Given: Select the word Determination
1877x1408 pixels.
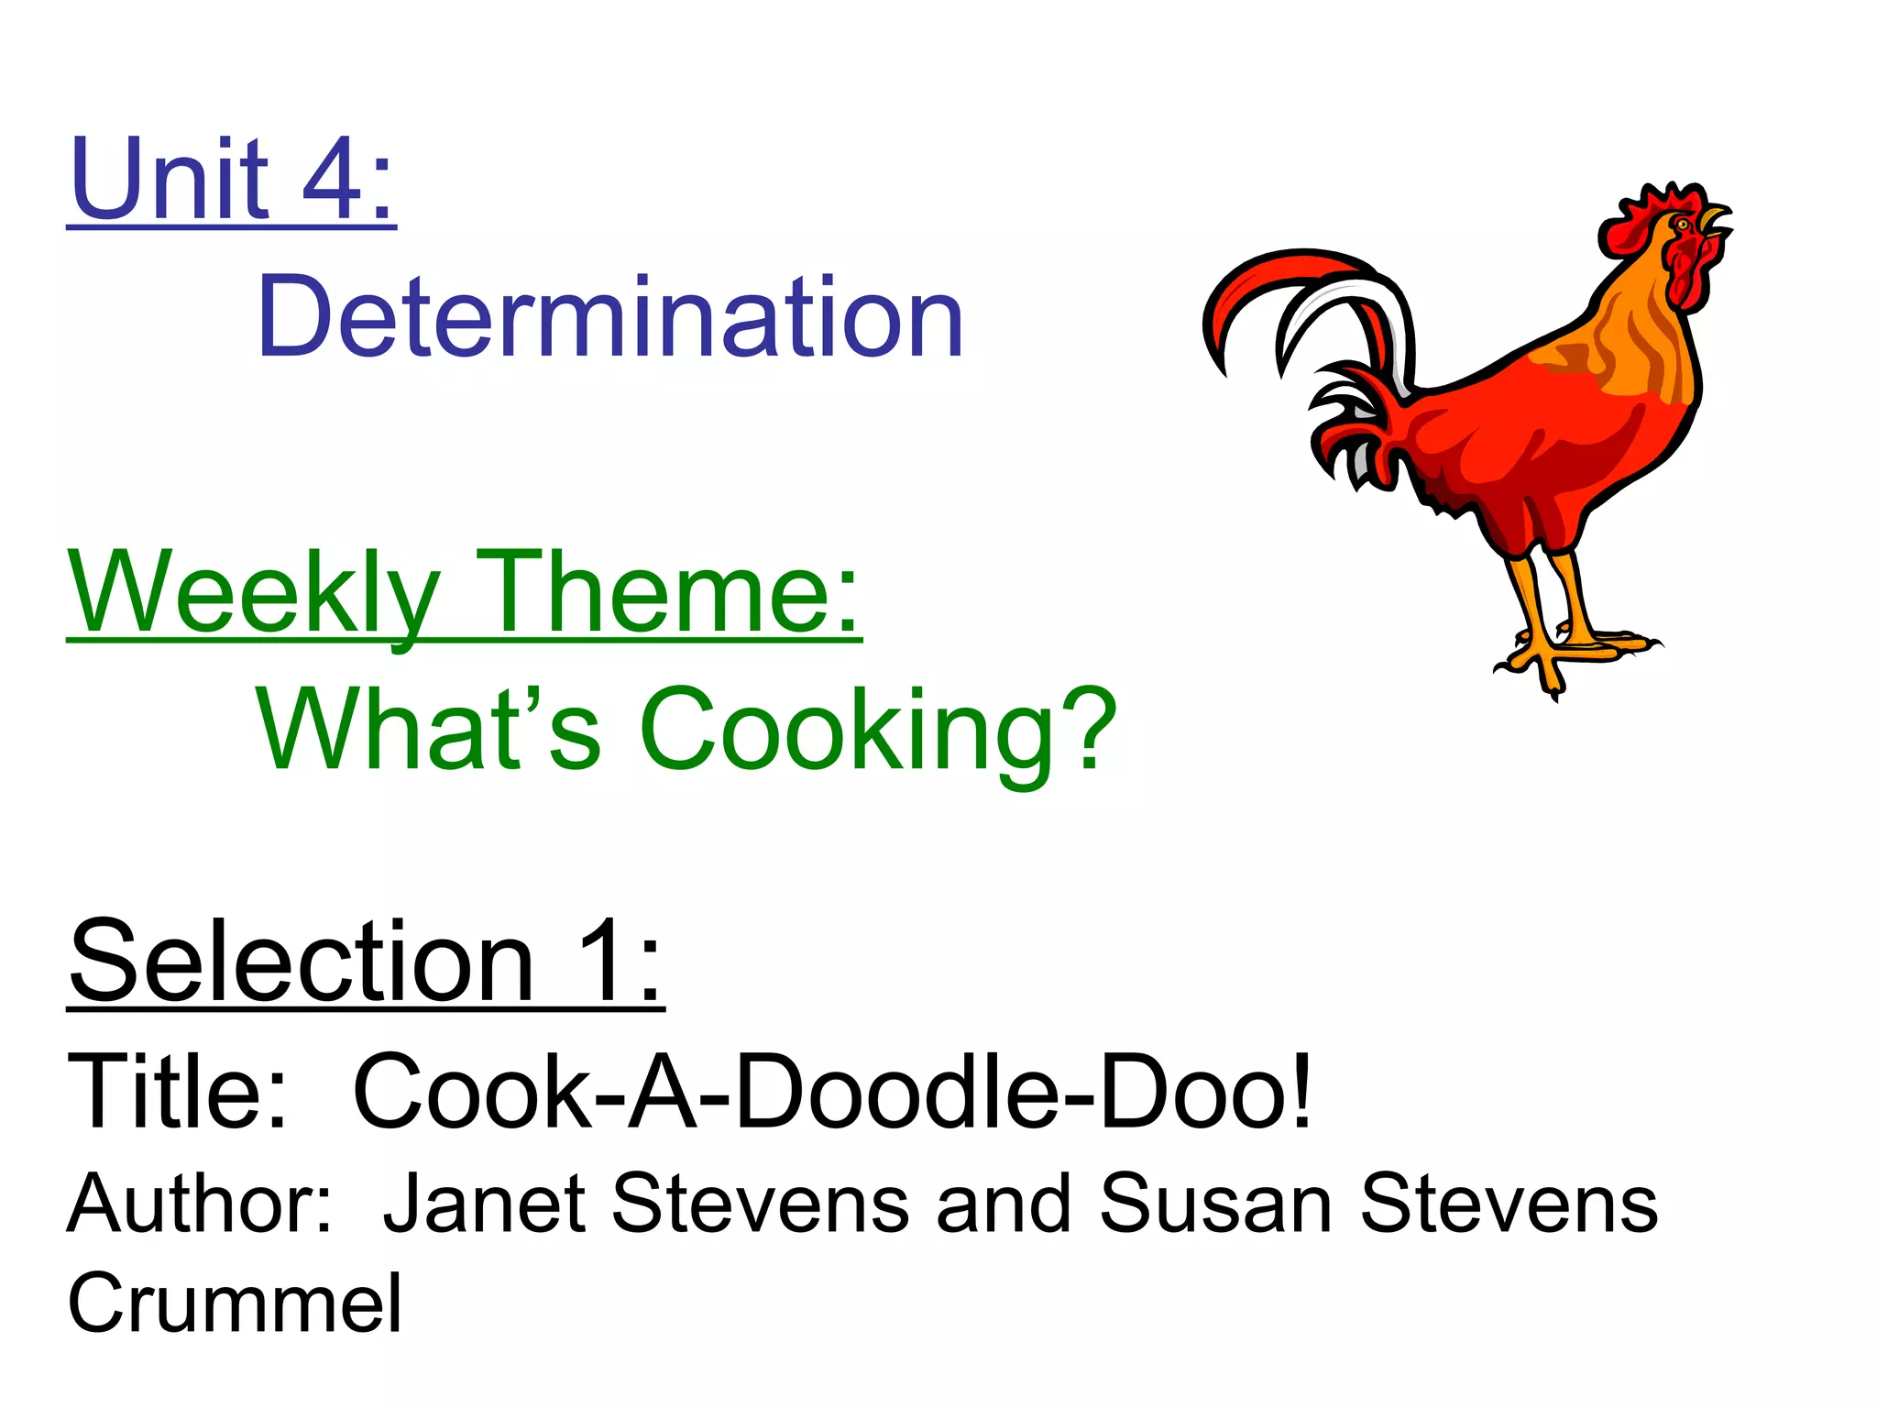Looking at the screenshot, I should coord(610,317).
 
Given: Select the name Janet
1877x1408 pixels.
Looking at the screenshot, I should coord(485,1204).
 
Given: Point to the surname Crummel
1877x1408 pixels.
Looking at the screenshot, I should coord(235,1303).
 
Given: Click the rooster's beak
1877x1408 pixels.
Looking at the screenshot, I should coord(1714,220).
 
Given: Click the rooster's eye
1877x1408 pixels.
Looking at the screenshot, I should coord(1683,223).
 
